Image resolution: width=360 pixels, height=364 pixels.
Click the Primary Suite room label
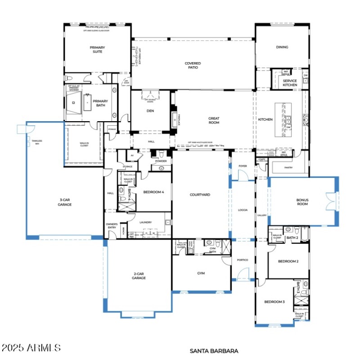pos(96,50)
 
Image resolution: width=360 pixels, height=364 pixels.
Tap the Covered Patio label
pos(193,66)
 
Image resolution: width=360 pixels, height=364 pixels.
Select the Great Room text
pos(214,120)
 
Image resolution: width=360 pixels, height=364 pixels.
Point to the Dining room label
pos(282,47)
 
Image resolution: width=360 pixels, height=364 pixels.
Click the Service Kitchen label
pos(290,83)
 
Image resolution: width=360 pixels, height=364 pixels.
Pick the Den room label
pos(150,111)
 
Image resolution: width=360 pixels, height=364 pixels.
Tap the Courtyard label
pos(200,195)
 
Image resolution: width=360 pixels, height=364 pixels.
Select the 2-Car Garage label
pos(139,276)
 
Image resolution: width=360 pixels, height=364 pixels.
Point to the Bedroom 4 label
pos(153,192)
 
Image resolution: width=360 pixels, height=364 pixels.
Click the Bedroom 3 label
pos(274,302)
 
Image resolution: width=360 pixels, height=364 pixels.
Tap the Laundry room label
pos(145,222)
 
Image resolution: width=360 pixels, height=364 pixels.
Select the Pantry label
pos(288,168)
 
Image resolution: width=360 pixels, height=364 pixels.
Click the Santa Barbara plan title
pos(214,350)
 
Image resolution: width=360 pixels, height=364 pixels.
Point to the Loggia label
pos(243,210)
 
